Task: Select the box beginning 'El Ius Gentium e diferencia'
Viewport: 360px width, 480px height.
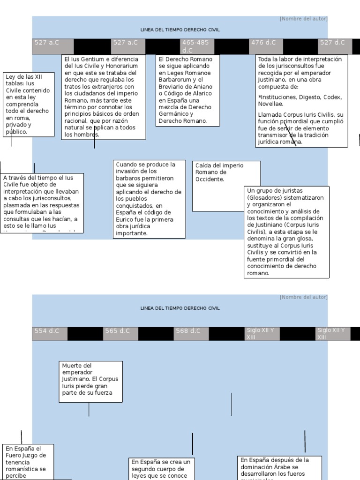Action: pos(103,97)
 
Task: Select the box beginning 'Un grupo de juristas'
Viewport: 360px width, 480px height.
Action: pos(286,232)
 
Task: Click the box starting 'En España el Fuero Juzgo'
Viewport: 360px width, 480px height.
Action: pos(28,462)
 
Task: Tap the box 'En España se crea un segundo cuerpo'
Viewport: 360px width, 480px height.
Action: pos(162,469)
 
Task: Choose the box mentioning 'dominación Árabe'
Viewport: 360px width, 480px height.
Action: pos(281,467)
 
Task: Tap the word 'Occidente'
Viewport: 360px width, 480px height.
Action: pos(210,179)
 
